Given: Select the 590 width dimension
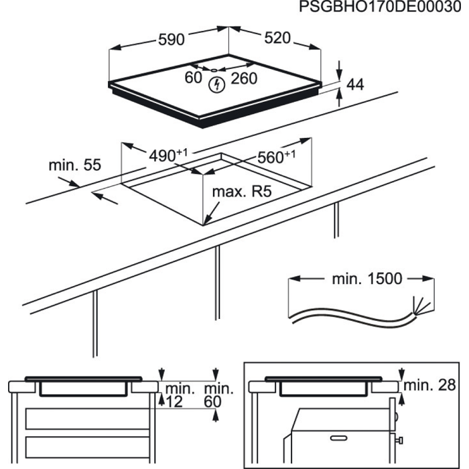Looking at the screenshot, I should (x=171, y=40).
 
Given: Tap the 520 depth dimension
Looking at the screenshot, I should (x=277, y=38).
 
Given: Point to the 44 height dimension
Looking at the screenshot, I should (x=355, y=85).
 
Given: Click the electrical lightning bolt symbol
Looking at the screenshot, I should (x=216, y=84).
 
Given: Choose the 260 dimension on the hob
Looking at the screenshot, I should (x=244, y=79).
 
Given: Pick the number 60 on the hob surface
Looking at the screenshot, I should (x=193, y=78).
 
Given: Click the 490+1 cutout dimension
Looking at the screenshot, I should (x=167, y=155).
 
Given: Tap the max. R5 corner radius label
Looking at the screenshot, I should (x=241, y=193).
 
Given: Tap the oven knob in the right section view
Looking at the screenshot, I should (x=400, y=440).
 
